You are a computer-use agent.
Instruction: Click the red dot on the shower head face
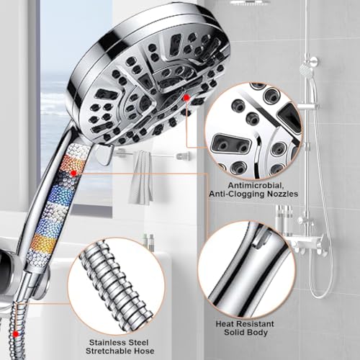(186, 97)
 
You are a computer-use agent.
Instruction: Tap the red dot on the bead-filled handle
(73, 173)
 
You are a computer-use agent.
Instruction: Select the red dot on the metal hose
(16, 333)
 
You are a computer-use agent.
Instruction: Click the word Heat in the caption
(225, 324)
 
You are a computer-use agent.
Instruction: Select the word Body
(257, 333)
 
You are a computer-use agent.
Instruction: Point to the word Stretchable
(109, 351)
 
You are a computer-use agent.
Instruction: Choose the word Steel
(140, 343)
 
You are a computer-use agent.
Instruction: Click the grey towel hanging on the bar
(141, 178)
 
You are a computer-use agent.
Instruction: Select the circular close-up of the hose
(117, 286)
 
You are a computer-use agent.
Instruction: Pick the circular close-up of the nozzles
(253, 131)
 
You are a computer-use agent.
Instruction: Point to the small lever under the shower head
(104, 154)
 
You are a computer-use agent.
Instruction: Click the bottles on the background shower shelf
(284, 218)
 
